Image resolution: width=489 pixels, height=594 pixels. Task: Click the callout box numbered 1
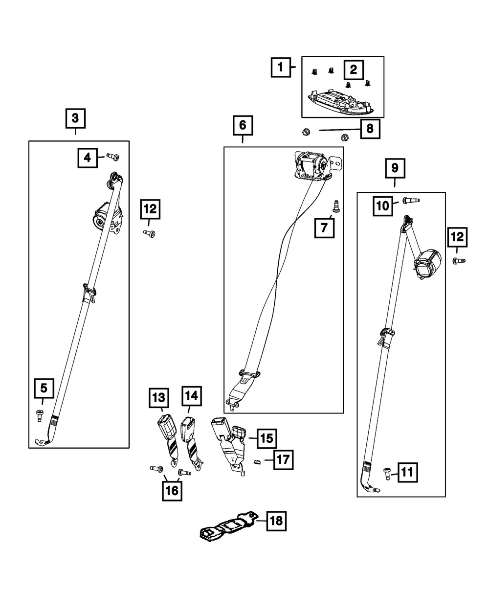point(281,68)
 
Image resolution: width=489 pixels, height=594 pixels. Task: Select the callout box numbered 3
point(75,118)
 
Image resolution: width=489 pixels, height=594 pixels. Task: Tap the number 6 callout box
point(243,125)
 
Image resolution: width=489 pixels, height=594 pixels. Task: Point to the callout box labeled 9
point(395,168)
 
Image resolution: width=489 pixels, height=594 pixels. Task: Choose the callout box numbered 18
point(276,521)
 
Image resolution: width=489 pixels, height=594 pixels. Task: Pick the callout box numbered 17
point(284,460)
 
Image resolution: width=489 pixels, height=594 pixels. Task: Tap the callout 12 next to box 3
point(150,209)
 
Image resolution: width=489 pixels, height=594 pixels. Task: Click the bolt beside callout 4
point(113,157)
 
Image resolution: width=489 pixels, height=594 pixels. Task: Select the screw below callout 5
point(39,415)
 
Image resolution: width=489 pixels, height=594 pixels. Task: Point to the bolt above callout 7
point(336,206)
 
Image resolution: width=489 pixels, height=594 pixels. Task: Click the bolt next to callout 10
point(411,201)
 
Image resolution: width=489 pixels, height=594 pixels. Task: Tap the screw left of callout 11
point(387,474)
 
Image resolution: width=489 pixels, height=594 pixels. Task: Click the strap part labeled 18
point(230,526)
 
